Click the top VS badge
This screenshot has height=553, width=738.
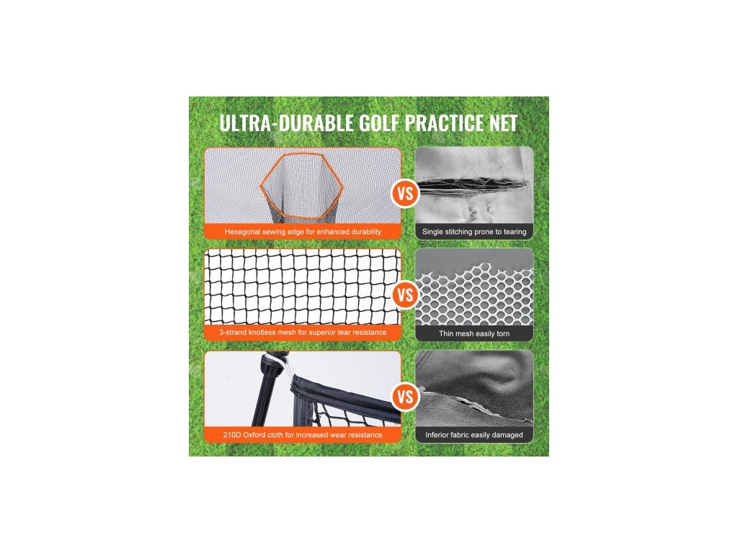click(405, 193)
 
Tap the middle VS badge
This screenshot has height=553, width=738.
click(405, 295)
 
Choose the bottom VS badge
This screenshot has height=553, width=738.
click(405, 397)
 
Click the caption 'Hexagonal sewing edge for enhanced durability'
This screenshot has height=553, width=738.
click(303, 232)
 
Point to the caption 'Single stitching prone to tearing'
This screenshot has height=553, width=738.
click(474, 232)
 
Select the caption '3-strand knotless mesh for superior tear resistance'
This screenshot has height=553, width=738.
click(303, 333)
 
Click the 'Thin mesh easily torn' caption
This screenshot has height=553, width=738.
click(474, 334)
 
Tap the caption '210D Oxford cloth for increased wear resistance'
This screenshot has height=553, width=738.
click(303, 435)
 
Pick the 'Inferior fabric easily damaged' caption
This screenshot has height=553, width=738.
click(474, 435)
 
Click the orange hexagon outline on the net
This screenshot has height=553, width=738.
click(302, 153)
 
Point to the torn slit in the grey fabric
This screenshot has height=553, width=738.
click(471, 185)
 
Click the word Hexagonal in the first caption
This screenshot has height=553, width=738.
click(242, 232)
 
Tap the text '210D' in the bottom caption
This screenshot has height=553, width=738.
click(231, 435)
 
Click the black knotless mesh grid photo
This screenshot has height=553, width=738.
click(303, 287)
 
